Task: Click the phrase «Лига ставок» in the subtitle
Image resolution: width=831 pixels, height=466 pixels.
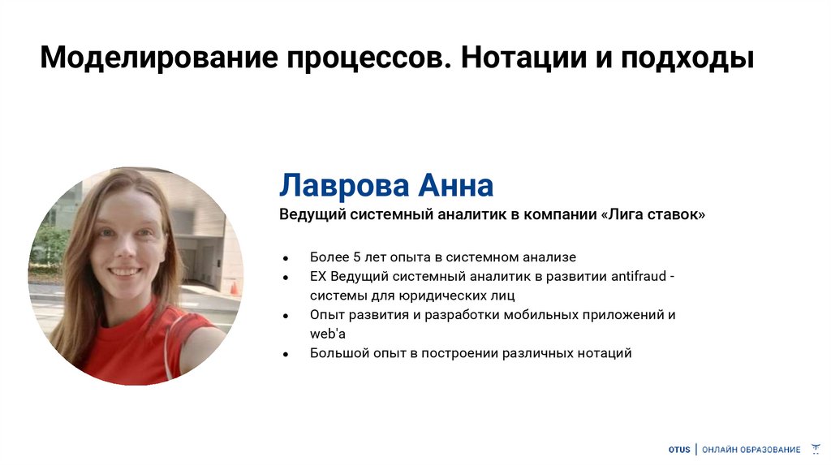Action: (x=653, y=215)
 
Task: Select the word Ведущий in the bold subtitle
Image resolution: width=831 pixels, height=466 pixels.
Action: (x=311, y=215)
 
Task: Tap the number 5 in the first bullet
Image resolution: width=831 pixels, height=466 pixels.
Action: (x=356, y=257)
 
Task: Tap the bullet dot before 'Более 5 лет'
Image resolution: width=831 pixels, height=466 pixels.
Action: (x=286, y=258)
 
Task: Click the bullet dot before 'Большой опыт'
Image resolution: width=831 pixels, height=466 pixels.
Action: (x=286, y=354)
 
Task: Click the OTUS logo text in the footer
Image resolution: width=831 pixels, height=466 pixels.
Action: (x=678, y=450)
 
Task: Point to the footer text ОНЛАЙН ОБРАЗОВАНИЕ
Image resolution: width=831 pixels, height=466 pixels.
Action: (x=751, y=450)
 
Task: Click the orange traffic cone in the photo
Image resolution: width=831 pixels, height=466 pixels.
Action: (x=233, y=287)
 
